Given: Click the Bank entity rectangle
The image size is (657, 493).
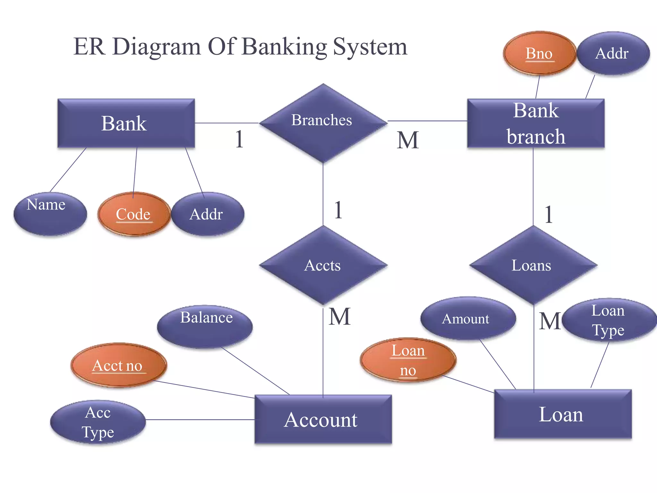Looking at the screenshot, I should click(126, 123).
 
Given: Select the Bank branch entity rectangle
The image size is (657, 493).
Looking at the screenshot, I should click(536, 123).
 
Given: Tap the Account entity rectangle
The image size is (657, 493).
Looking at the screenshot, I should click(323, 419).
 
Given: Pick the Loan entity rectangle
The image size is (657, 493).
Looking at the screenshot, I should click(563, 414).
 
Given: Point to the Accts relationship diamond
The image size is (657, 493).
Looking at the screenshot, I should click(323, 265).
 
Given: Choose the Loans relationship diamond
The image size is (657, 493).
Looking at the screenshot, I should click(533, 265).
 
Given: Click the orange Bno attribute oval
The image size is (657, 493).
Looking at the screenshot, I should click(539, 53).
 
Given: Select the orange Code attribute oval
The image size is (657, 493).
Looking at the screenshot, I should click(133, 214).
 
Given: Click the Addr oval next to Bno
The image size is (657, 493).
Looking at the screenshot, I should click(613, 53).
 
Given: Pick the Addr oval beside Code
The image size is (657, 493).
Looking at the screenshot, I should click(207, 214).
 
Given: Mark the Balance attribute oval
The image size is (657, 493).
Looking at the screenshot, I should click(205, 326).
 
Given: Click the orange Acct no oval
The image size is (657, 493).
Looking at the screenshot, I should click(118, 365).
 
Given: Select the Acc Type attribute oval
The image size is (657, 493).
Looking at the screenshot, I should click(98, 422).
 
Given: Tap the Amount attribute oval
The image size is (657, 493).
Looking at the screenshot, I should click(468, 318).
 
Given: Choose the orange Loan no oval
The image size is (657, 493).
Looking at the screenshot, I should click(408, 359).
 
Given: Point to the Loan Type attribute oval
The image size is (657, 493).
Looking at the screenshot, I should click(609, 320).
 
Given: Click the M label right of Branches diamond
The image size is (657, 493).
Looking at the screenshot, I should click(407, 140).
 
